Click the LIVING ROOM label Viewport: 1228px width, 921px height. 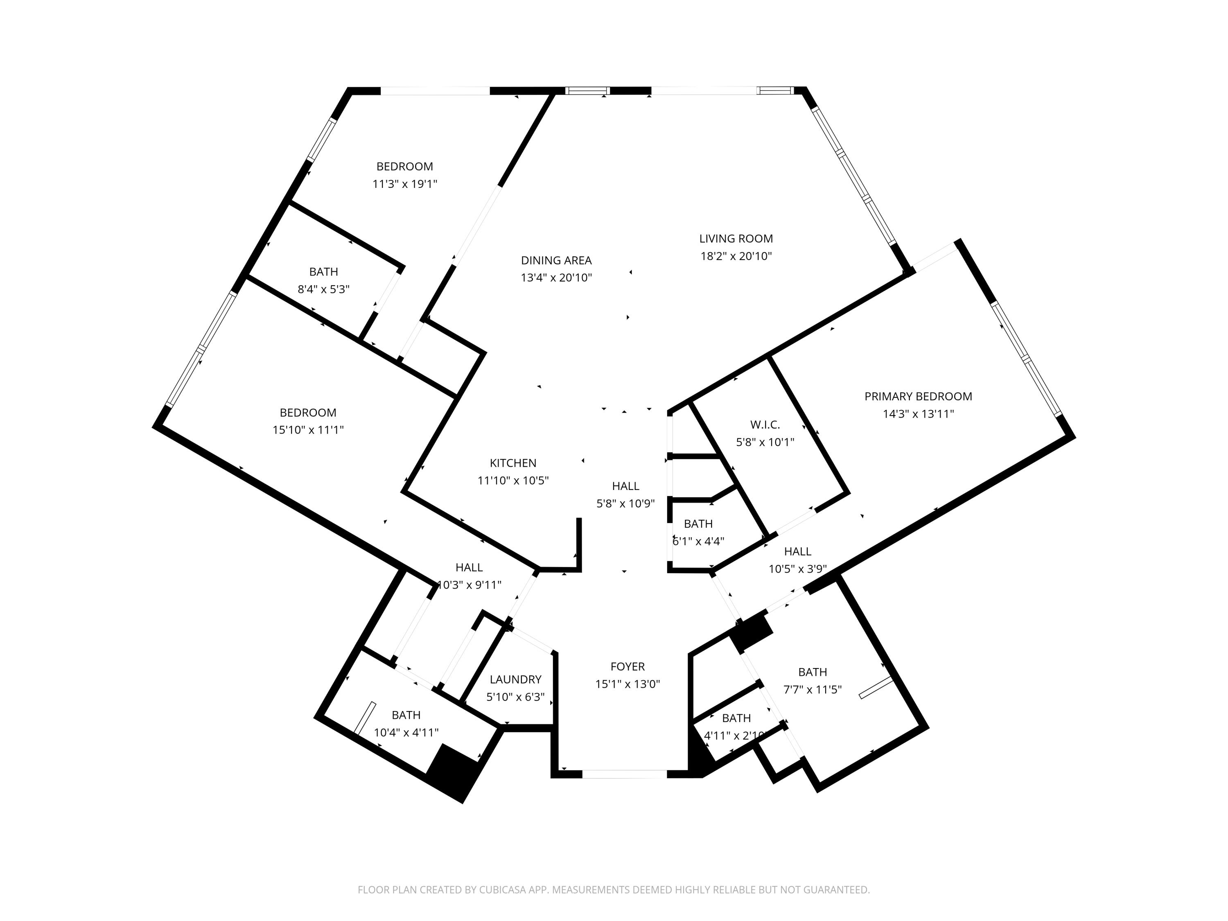[x=736, y=239]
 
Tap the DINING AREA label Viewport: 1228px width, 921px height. [x=556, y=260]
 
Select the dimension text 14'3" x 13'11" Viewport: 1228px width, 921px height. [x=918, y=413]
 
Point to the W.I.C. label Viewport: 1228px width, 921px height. [x=765, y=425]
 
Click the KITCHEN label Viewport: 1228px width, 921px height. [x=512, y=463]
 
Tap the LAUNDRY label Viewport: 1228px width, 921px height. [x=515, y=679]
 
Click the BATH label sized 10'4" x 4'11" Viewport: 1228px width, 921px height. [x=406, y=715]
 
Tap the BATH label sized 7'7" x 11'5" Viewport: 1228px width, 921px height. [x=812, y=672]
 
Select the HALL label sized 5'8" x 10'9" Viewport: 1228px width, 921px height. [x=625, y=486]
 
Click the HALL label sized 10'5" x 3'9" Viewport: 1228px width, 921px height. [x=797, y=551]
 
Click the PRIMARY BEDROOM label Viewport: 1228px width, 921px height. [x=918, y=396]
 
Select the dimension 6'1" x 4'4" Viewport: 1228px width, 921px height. [x=698, y=541]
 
